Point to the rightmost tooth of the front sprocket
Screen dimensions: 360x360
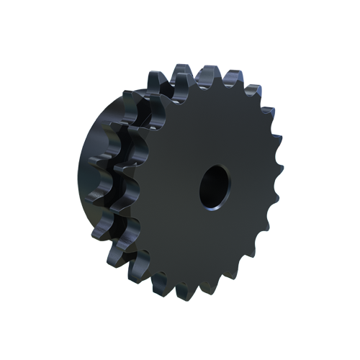pos(276,175)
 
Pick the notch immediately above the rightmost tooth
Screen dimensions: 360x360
pos(272,160)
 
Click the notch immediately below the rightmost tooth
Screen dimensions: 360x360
pos(271,191)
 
